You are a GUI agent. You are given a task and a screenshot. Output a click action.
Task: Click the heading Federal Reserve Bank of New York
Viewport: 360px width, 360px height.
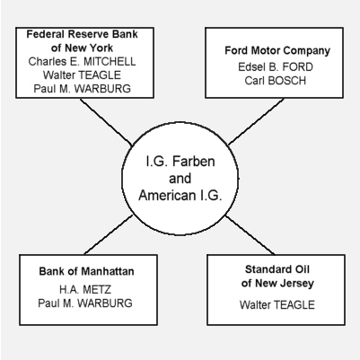coord(82,41)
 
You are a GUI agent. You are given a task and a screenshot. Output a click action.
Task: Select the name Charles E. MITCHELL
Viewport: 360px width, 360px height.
coord(82,62)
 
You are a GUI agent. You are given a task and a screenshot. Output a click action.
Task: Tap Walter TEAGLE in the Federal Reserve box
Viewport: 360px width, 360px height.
coord(82,75)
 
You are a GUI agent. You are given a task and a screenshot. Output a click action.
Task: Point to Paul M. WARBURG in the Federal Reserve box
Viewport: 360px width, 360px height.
coord(82,89)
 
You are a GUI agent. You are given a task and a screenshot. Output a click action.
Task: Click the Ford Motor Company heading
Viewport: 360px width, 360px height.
coord(277,50)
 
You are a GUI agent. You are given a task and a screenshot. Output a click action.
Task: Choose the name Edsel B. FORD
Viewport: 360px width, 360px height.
coord(276,67)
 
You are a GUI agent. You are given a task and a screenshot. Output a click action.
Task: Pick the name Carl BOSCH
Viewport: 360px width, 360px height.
coord(276,81)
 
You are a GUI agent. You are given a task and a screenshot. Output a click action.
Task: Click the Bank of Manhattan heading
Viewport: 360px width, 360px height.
coord(86,271)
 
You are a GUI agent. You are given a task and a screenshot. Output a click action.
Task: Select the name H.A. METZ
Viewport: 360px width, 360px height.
coord(85,289)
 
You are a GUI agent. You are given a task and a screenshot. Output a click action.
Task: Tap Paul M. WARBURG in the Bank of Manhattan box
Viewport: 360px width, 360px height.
coord(85,303)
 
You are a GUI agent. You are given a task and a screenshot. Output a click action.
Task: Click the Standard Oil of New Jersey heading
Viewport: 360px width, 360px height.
coord(277,277)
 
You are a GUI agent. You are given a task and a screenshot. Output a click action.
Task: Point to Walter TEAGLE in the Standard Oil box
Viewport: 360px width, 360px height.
coord(277,305)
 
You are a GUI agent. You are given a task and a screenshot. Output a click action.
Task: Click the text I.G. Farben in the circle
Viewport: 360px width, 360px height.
coord(180,162)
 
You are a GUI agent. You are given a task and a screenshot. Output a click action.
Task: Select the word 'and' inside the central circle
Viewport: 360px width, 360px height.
coord(180,179)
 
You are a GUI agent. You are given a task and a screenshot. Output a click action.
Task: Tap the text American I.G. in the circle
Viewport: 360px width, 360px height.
coord(180,196)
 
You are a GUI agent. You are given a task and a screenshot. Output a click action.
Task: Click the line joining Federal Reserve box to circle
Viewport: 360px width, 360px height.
coord(106,122)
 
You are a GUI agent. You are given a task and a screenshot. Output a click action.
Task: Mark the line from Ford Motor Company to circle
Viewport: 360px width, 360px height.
coord(256,121)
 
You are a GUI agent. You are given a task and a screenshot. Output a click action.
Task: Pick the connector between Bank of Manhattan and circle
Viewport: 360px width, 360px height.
coord(109,235)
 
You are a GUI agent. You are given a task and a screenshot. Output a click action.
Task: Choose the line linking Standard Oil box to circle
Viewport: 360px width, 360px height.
coord(250,235)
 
